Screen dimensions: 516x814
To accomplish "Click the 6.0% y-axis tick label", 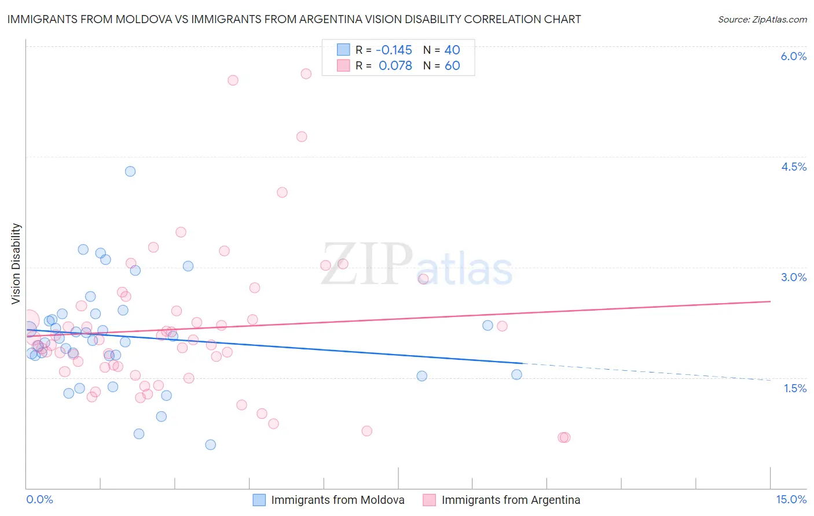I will click(793, 56).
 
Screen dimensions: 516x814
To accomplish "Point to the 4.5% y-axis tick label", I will click(793, 167).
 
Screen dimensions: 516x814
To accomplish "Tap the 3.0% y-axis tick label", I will click(793, 277).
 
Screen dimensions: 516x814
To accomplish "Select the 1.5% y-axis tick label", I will click(795, 388).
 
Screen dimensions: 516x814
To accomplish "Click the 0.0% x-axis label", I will click(39, 499).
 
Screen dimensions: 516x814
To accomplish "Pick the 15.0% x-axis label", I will click(791, 499).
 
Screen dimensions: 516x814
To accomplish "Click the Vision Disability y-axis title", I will click(16, 264).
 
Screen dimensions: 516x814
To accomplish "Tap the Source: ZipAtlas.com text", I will click(762, 19).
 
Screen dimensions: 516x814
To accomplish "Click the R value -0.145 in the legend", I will click(394, 50).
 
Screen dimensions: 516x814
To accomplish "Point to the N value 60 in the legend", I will click(452, 65).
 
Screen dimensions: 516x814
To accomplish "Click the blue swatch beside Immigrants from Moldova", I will click(259, 500).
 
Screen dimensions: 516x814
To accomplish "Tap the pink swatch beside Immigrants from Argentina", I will click(429, 500).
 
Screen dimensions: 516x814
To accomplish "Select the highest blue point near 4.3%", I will click(130, 171).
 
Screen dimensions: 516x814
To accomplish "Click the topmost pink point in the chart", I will click(306, 73).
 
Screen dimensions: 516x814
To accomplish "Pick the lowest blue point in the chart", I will click(211, 444).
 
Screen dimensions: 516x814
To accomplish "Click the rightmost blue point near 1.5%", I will click(516, 374).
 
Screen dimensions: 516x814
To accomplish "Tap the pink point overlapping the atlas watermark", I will click(423, 279).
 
